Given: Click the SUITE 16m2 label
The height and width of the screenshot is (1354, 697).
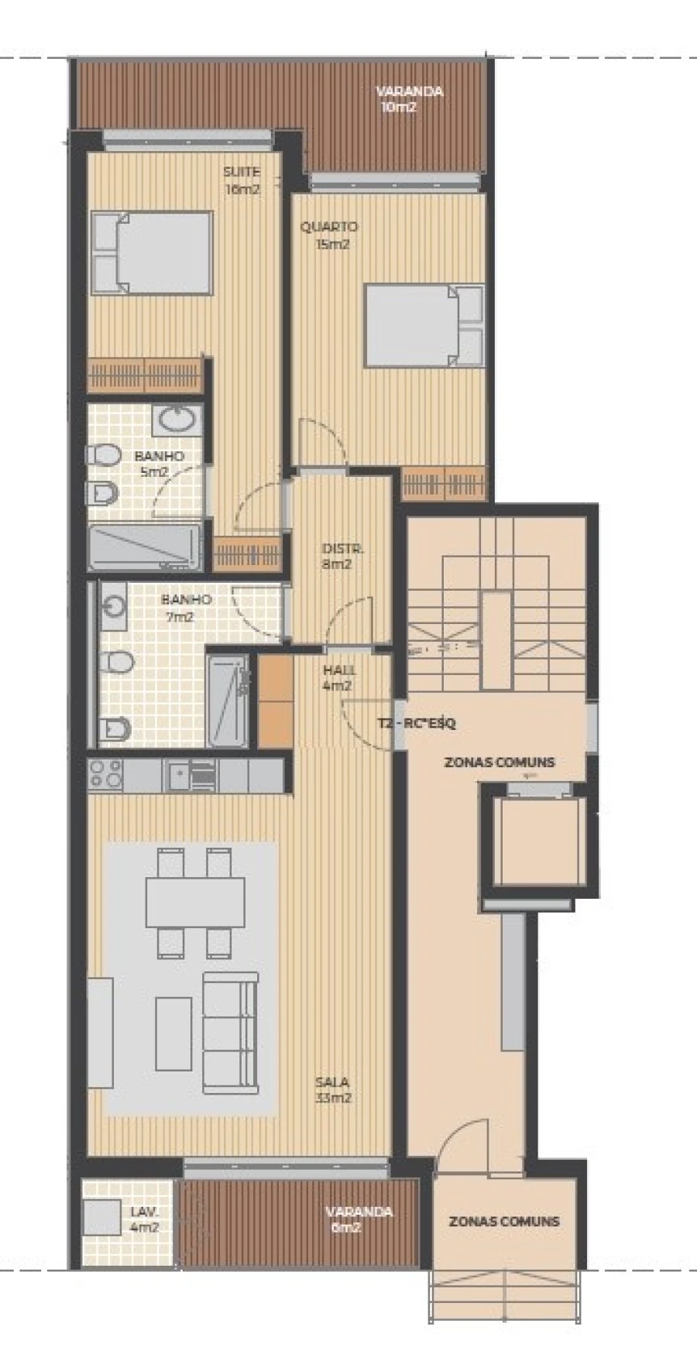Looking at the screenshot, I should pos(242,180).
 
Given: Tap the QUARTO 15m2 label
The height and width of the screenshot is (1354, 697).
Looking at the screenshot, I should pos(329,235).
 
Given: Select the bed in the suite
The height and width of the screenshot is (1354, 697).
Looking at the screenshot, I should pos(153,252).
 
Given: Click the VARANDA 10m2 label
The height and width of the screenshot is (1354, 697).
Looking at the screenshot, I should pos(409,99).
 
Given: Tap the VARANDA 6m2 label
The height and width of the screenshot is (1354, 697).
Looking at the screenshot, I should pos(359,1219).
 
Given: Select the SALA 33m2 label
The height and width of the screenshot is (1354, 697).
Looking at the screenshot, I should pos(332,1089).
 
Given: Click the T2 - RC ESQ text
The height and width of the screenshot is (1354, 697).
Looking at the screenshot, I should pos(417,724).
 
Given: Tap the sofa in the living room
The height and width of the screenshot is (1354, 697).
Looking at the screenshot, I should pos(230,1033).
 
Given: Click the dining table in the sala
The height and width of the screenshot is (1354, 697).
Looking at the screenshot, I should pos(195,902).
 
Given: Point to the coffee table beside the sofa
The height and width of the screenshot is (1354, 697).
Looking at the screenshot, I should pos(173,1033).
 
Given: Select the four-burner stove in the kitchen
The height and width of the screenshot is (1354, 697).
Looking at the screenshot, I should pos(105,774).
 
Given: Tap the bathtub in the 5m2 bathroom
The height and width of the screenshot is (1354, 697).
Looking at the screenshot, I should pos(145,547).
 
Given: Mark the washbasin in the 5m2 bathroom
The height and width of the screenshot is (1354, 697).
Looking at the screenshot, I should pos(178,420).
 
